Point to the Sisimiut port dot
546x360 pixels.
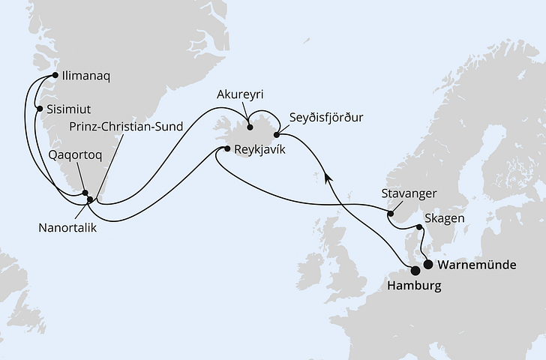point(40,109)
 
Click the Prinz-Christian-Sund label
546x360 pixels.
point(127,126)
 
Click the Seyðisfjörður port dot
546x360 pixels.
point(277,135)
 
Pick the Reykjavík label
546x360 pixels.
point(259,149)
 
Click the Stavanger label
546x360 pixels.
point(409,193)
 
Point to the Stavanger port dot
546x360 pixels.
point(390,214)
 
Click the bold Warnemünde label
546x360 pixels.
point(481,265)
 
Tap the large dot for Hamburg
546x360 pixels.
point(415,271)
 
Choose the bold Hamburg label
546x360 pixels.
point(413,287)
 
